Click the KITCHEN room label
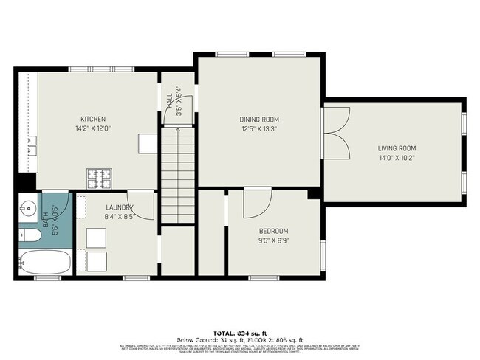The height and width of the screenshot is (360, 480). click(94, 119)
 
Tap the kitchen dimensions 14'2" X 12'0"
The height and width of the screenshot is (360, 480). click(94, 128)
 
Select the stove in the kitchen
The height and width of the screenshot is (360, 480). click(97, 176)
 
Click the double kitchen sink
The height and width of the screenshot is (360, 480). click(30, 146)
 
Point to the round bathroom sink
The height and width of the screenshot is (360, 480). click(30, 208)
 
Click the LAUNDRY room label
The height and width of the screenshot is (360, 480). click(118, 207)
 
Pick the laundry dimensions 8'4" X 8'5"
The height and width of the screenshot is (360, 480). click(118, 217)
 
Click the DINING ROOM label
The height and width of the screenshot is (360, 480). click(259, 119)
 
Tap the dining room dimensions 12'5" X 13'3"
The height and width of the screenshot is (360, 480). click(259, 128)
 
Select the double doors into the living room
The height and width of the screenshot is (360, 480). click(335, 132)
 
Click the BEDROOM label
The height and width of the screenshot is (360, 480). click(273, 231)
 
